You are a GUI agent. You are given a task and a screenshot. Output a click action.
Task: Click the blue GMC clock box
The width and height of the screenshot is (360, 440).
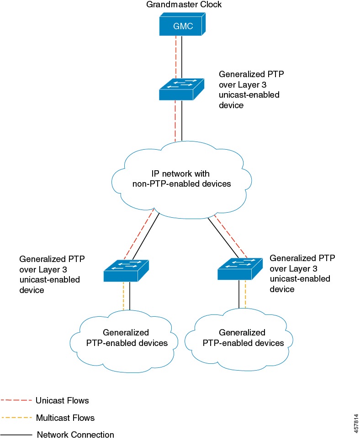182,26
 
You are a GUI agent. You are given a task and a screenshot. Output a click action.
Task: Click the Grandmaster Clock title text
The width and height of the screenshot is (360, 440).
184,5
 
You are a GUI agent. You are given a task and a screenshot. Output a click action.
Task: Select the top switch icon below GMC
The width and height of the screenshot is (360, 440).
181,89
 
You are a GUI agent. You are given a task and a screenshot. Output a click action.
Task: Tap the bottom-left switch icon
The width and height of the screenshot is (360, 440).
126,271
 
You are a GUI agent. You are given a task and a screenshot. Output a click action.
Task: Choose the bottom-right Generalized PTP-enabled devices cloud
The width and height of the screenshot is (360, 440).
242,337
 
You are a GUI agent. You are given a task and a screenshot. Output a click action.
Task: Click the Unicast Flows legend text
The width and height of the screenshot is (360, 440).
62,400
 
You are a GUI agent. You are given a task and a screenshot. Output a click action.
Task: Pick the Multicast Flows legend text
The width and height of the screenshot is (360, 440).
65,417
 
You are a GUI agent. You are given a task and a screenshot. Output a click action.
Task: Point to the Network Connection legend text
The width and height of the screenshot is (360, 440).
75,434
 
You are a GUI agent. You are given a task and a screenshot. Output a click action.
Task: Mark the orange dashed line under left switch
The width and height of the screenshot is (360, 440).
124,297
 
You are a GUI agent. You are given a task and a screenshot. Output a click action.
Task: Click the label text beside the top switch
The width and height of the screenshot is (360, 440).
249,89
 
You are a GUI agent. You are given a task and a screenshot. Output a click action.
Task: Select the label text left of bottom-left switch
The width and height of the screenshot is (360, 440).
52,274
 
